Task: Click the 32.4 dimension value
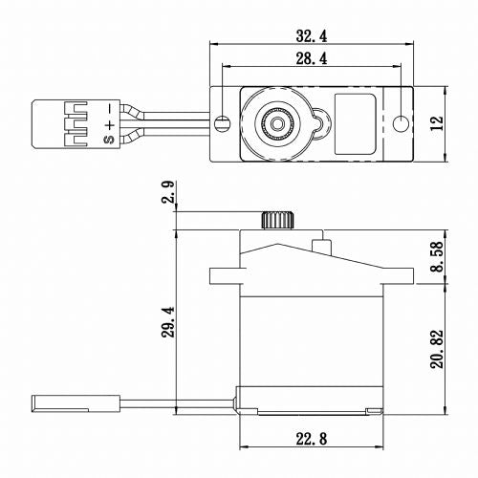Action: pyautogui.click(x=312, y=35)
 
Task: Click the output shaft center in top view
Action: pyautogui.click(x=275, y=122)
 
